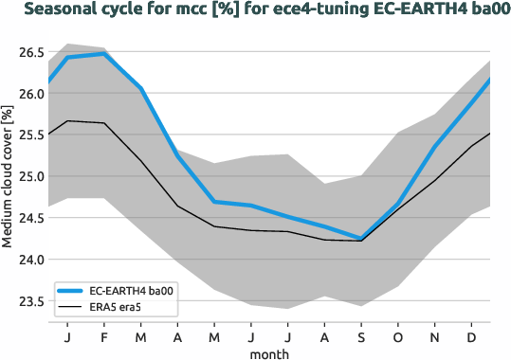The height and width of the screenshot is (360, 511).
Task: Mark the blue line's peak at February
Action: click(102, 54)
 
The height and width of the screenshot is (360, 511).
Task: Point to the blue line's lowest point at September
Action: click(361, 239)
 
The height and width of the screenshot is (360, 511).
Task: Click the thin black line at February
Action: click(102, 123)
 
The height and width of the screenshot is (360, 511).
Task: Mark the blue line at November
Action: click(435, 146)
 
